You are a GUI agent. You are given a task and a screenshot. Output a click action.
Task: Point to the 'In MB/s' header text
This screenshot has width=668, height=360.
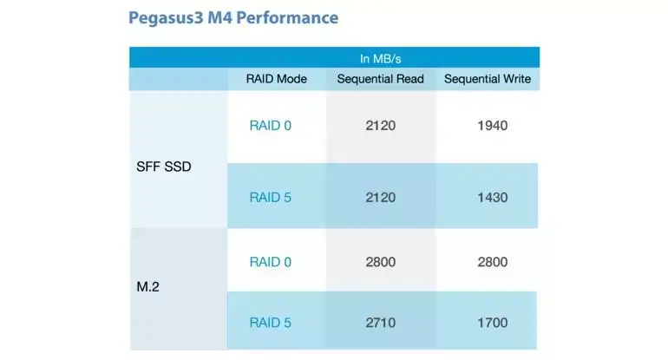(381, 58)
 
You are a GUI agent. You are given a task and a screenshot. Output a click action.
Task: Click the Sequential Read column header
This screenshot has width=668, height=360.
(381, 79)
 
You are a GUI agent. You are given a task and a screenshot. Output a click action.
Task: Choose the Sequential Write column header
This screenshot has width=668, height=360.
(488, 79)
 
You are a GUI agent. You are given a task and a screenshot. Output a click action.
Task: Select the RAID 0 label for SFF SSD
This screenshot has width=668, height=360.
(271, 126)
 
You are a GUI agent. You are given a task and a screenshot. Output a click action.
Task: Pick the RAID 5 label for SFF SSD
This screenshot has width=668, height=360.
(271, 197)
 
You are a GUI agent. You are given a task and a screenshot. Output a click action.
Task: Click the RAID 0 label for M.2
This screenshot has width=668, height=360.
(271, 262)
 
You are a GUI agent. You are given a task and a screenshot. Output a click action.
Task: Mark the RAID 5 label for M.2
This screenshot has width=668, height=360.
(271, 323)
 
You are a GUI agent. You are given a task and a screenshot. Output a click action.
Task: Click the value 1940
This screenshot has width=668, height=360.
(492, 126)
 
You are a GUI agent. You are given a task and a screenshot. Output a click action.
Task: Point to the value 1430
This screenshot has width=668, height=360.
(492, 197)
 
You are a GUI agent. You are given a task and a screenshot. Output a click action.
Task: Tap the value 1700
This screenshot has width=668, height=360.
(492, 323)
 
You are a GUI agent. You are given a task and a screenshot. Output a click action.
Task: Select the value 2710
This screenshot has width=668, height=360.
(381, 323)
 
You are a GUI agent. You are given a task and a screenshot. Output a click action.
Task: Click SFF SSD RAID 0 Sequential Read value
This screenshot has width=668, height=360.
(381, 126)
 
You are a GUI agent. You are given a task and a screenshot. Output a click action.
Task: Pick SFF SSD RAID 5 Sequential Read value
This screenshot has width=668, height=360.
(381, 197)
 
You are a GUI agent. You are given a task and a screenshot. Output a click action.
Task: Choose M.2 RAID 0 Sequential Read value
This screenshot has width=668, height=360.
(381, 262)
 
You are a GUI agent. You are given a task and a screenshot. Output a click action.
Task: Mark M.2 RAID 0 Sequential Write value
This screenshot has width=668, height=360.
(492, 262)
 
